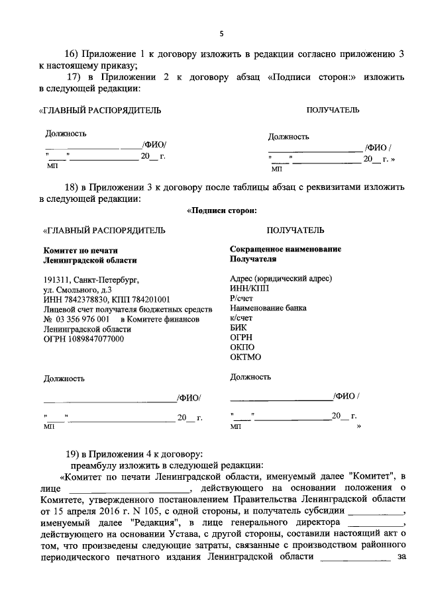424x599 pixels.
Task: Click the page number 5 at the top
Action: tap(222, 34)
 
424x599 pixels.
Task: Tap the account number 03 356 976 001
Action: tap(77, 318)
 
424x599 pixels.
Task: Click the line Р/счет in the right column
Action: tap(241, 298)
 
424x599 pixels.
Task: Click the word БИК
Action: tap(238, 328)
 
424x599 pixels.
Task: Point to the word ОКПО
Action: tap(241, 347)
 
